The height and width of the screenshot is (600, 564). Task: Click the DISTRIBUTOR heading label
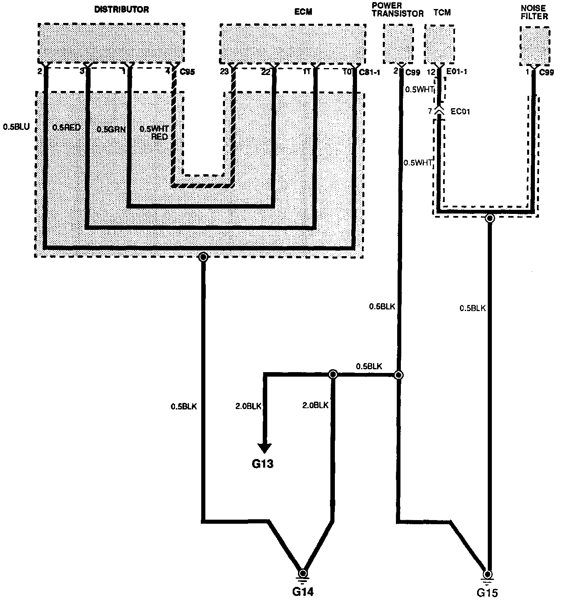pos(122,9)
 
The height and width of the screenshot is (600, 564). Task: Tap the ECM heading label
pos(303,11)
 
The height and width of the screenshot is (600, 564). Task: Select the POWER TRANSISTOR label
pos(397,9)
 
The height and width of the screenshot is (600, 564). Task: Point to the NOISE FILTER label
pos(534,12)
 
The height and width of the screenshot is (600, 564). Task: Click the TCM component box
pos(439,44)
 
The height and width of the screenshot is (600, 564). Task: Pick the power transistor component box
pos(398,44)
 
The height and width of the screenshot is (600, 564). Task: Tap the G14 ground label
pos(302,591)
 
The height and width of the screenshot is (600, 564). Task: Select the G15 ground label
pos(487,592)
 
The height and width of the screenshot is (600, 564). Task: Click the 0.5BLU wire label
pos(16,127)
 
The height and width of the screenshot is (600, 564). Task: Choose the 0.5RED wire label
pos(67,127)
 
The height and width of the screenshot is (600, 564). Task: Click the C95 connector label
pos(187,73)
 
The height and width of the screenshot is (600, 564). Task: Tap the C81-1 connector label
pos(369,73)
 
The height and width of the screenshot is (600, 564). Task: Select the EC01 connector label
pos(456,111)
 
